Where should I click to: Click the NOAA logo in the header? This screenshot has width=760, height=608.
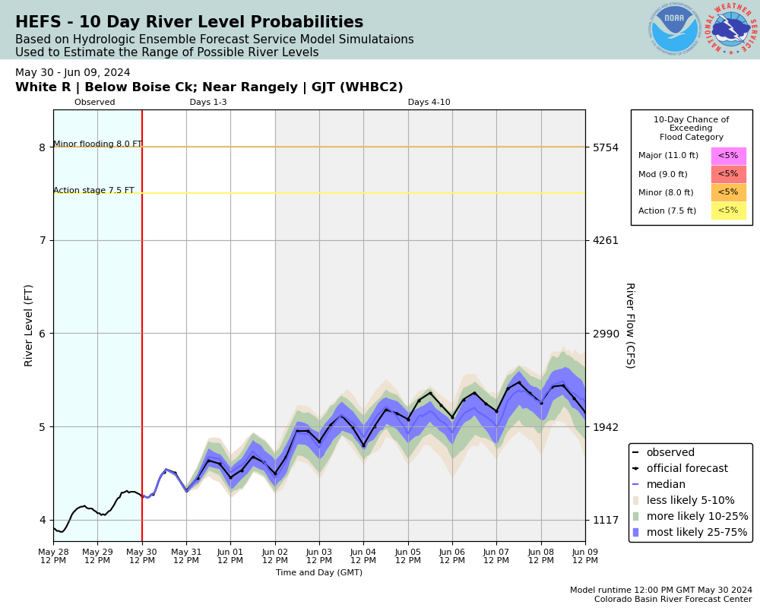pyautogui.click(x=674, y=30)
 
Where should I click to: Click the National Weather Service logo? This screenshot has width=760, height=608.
pyautogui.click(x=731, y=30)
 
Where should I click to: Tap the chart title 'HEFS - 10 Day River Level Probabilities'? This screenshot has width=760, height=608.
pyautogui.click(x=189, y=23)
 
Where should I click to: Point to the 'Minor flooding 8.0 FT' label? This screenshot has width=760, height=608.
pyautogui.click(x=97, y=144)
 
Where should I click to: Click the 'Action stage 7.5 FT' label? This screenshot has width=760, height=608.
pyautogui.click(x=93, y=191)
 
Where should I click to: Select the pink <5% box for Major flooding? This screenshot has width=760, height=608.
pyautogui.click(x=728, y=156)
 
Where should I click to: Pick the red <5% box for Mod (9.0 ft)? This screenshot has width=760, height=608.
pyautogui.click(x=728, y=174)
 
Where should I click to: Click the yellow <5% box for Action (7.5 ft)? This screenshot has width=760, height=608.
pyautogui.click(x=728, y=211)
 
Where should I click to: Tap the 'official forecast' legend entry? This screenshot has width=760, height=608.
pyautogui.click(x=686, y=469)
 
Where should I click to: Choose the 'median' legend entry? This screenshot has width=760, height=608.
pyautogui.click(x=667, y=485)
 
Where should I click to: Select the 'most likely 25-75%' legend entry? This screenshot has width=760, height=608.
pyautogui.click(x=697, y=532)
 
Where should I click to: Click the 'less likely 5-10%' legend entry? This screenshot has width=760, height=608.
pyautogui.click(x=690, y=501)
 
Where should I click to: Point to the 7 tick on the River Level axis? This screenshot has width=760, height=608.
pyautogui.click(x=43, y=240)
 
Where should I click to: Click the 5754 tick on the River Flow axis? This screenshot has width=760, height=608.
pyautogui.click(x=606, y=147)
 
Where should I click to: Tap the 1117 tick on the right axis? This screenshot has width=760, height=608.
pyautogui.click(x=606, y=520)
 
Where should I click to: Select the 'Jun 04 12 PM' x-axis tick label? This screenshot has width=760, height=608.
pyautogui.click(x=363, y=556)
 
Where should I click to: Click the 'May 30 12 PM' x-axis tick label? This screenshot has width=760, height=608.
pyautogui.click(x=142, y=556)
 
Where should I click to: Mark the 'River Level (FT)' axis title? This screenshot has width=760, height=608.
pyautogui.click(x=29, y=325)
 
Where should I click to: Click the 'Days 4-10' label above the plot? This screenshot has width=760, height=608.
pyautogui.click(x=429, y=103)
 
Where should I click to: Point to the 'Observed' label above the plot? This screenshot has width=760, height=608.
pyautogui.click(x=95, y=103)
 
